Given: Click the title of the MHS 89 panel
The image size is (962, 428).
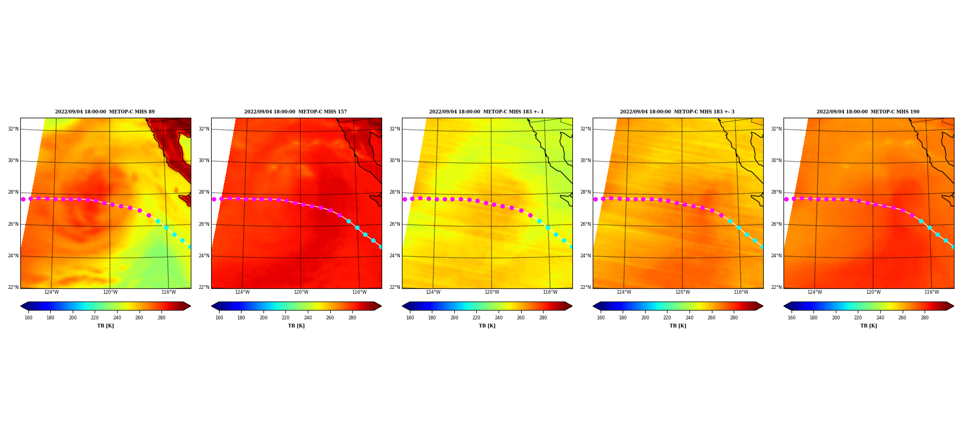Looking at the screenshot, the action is pyautogui.click(x=105, y=112).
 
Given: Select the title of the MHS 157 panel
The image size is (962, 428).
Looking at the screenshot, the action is pyautogui.click(x=296, y=112).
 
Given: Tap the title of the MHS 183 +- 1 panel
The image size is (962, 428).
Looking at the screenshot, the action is pyautogui.click(x=486, y=112).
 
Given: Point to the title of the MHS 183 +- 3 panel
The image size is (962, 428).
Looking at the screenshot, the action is pyautogui.click(x=677, y=112).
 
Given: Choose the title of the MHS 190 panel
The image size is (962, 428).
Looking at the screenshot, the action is pyautogui.click(x=868, y=112).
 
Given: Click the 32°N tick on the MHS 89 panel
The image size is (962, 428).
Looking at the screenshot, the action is pyautogui.click(x=13, y=129).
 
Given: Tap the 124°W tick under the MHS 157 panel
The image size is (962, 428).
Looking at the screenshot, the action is pyautogui.click(x=242, y=292).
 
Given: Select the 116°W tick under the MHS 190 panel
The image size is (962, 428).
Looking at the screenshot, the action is pyautogui.click(x=932, y=292).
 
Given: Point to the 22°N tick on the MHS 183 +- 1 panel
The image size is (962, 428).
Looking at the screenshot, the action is pyautogui.click(x=394, y=287).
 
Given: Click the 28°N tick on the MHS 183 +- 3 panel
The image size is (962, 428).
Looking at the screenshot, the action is pyautogui.click(x=585, y=192).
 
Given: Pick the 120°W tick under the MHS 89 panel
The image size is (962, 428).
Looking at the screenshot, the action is pyautogui.click(x=110, y=292).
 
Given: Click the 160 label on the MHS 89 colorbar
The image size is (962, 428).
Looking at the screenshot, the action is pyautogui.click(x=28, y=318).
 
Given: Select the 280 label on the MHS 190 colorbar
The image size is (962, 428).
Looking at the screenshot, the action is pyautogui.click(x=925, y=318).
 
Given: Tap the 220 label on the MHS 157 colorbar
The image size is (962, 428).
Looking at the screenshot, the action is pyautogui.click(x=285, y=318).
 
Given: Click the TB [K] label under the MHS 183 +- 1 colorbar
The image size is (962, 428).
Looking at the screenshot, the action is pyautogui.click(x=487, y=326).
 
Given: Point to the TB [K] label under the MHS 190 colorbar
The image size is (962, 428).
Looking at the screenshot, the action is pyautogui.click(x=868, y=326).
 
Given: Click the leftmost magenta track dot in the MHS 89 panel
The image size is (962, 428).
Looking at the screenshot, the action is pyautogui.click(x=23, y=199).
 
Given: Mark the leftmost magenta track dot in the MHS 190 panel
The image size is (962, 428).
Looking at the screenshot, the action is pyautogui.click(x=786, y=199).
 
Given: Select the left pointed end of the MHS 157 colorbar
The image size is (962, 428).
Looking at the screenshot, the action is pyautogui.click(x=212, y=306).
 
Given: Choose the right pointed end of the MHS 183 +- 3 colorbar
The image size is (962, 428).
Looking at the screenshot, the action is pyautogui.click(x=763, y=306).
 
